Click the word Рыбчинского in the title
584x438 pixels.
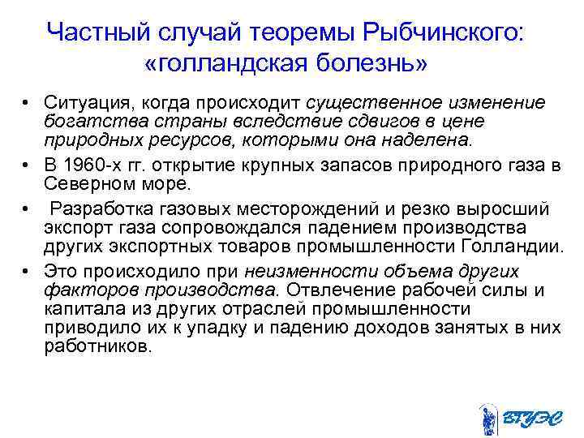coord(444,33)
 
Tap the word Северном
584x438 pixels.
coord(86,185)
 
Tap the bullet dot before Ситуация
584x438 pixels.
coord(27,105)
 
